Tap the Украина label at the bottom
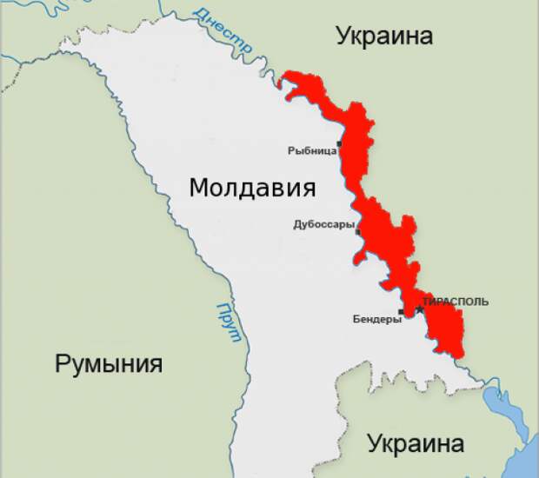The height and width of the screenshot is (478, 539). point(415,443)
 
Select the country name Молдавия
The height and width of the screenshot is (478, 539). point(252,188)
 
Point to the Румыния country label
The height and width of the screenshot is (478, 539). point(109,363)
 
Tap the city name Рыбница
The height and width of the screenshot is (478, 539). point(311,150)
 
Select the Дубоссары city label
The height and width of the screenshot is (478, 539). point(323,224)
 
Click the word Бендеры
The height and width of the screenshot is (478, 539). point(376,319)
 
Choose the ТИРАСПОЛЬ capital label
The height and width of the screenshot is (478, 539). point(456,302)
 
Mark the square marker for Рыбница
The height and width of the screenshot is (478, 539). point(340,143)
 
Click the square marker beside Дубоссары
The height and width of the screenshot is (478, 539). point(358,231)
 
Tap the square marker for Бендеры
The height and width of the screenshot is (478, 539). point(401,311)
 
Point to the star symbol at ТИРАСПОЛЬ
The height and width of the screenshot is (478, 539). point(419,308)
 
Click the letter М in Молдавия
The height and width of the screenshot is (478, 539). point(200,188)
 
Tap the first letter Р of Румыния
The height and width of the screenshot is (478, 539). point(63,364)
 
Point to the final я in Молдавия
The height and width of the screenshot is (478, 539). point(307,189)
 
